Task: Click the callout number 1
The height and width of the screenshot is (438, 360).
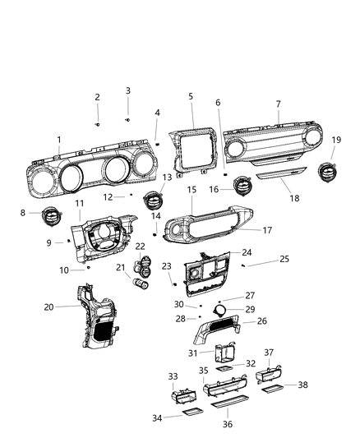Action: pos(58,139)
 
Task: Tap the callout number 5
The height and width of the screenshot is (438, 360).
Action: pos(191,97)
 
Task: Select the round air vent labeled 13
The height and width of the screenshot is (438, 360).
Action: pos(153,200)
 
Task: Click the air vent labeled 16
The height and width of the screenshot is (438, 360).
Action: pos(245,188)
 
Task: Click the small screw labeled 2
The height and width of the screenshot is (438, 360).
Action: pos(97,122)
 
